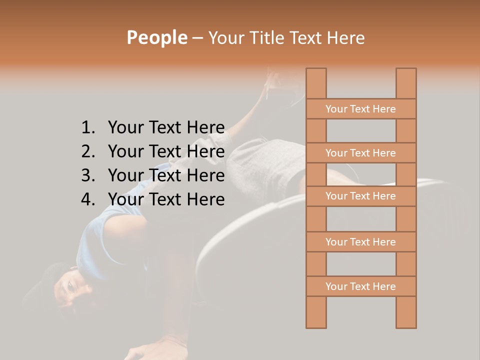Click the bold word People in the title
pyautogui.click(x=156, y=37)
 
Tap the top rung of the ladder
pyautogui.click(x=360, y=109)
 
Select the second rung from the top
pyautogui.click(x=360, y=153)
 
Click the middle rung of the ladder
pyautogui.click(x=360, y=196)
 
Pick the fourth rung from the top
pyautogui.click(x=360, y=242)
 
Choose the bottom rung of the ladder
pyautogui.click(x=360, y=286)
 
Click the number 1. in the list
pyautogui.click(x=87, y=127)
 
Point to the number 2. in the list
pyautogui.click(x=87, y=151)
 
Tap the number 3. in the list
pyautogui.click(x=87, y=175)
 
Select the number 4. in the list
pyautogui.click(x=87, y=199)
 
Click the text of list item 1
pyautogui.click(x=166, y=127)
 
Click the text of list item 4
pyautogui.click(x=166, y=199)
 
